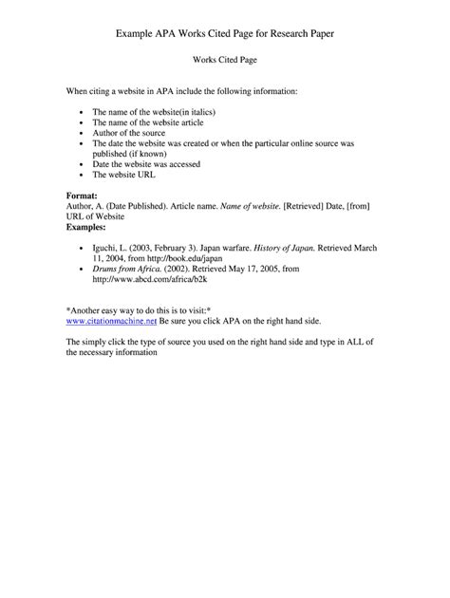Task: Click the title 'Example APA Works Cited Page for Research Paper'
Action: (225, 33)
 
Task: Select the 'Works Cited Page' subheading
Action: (225, 59)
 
